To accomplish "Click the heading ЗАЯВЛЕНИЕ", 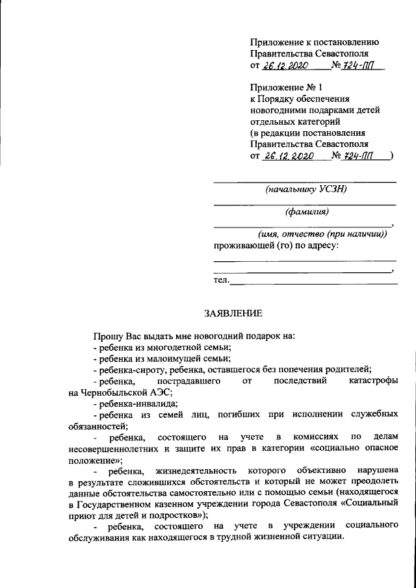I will (x=233, y=313).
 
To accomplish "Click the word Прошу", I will (x=105, y=336).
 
